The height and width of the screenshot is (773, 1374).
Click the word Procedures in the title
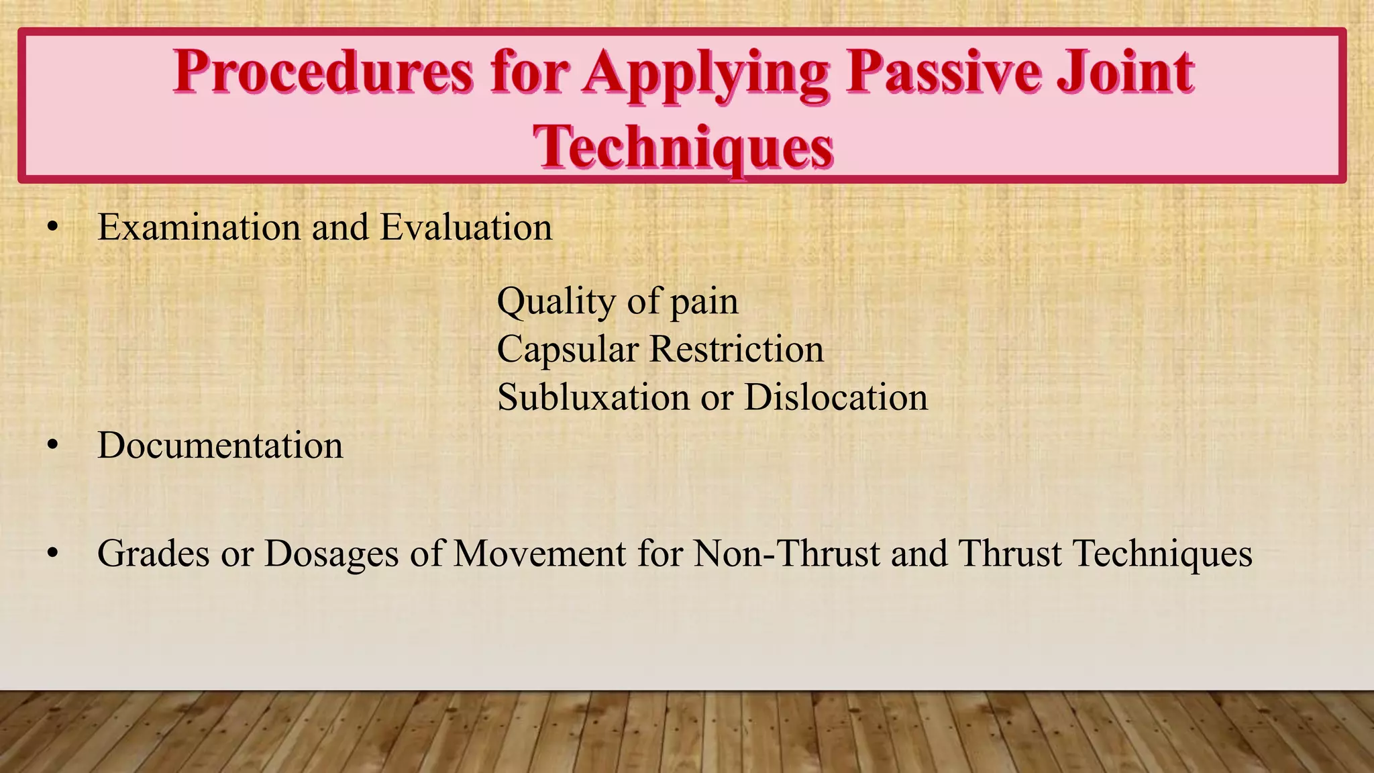[x=323, y=72]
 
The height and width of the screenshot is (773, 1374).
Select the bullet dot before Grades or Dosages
[x=53, y=555]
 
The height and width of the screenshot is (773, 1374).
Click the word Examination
[x=199, y=227]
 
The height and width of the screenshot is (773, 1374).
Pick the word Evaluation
[x=466, y=227]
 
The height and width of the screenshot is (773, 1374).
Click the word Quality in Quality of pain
[x=556, y=302]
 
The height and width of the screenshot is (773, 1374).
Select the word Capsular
[x=568, y=350]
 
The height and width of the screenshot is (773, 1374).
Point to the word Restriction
[x=737, y=350]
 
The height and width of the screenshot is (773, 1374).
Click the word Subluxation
[x=593, y=397]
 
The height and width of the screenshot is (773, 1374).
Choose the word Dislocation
[x=836, y=397]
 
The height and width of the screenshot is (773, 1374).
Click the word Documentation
[x=220, y=446]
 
